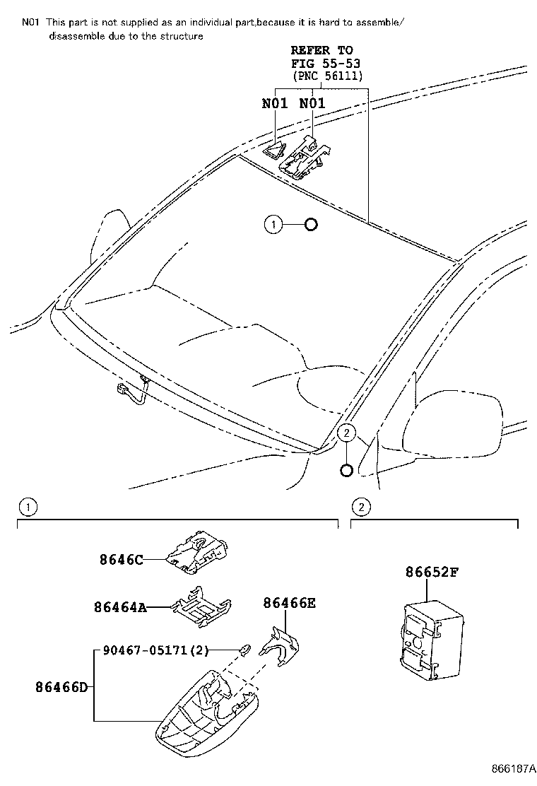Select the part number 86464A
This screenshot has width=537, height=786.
coord(120,606)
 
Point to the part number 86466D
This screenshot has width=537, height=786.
coord(62,686)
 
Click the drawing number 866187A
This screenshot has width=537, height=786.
coord(509,769)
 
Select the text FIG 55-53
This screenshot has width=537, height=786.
coord(321,63)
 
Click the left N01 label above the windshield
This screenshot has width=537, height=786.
coord(275,103)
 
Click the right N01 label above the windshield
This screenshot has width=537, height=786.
coord(312,103)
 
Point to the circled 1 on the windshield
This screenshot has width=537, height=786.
coord(273,225)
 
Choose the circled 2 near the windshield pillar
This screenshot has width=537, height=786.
coord(346,433)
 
